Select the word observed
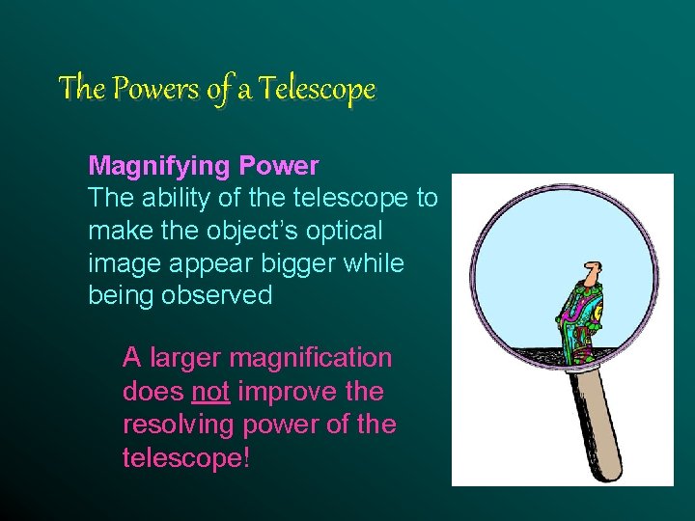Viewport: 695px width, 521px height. tap(218, 295)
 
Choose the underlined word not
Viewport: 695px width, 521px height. tap(210, 392)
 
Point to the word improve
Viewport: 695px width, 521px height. tap(279, 392)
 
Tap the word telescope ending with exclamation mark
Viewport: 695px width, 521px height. tap(186, 457)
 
